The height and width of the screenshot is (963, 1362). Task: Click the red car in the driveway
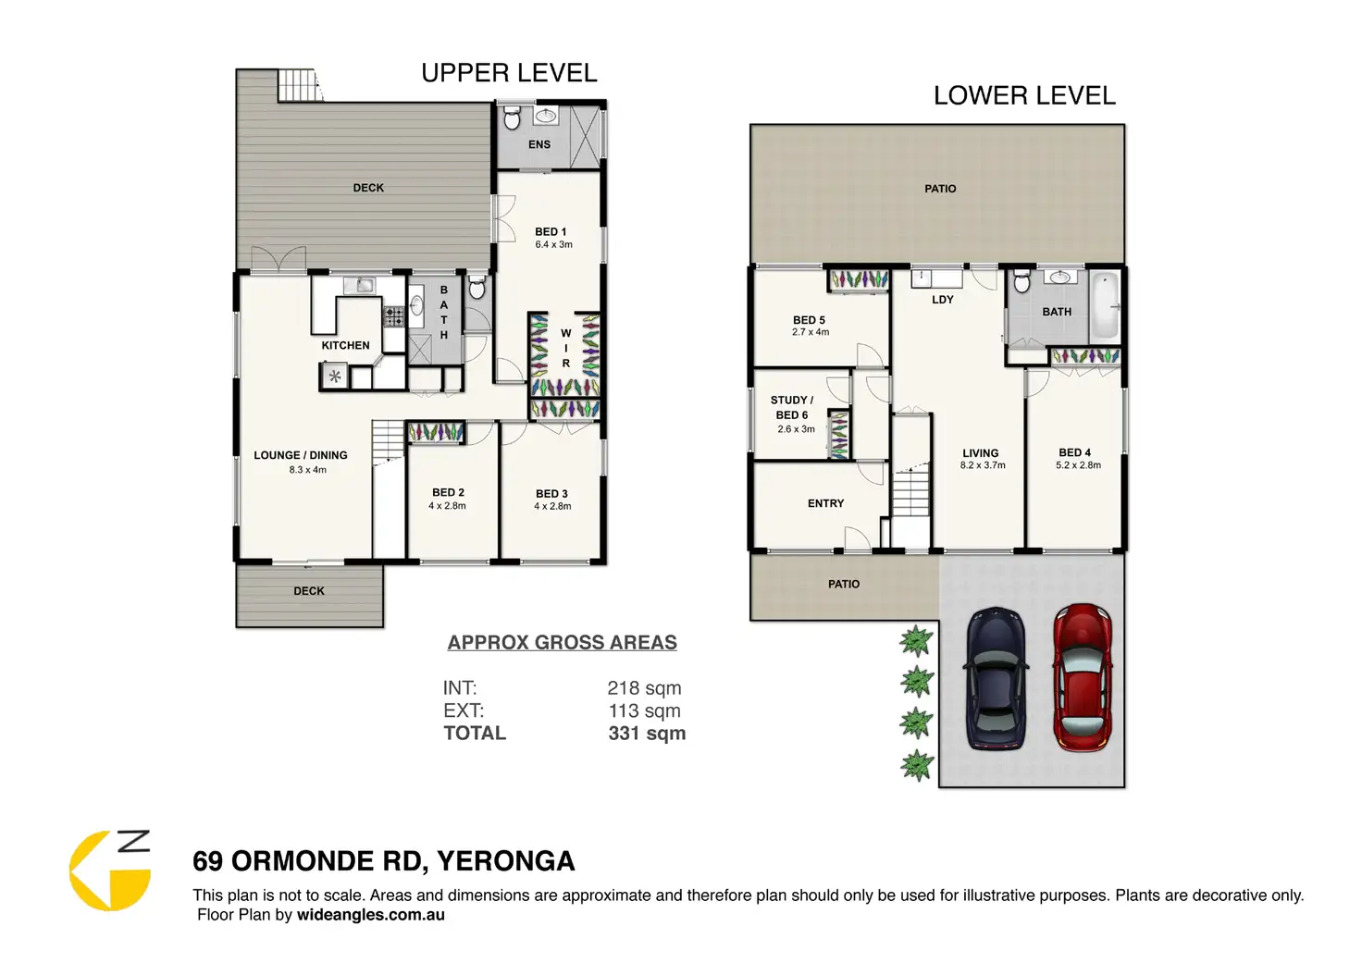click(1083, 677)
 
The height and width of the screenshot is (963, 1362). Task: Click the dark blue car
click(996, 678)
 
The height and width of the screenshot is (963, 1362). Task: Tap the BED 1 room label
click(551, 231)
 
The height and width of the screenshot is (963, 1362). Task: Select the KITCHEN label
click(345, 345)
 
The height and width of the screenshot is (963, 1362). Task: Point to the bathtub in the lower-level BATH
click(1105, 306)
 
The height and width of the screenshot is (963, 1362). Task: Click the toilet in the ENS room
click(512, 117)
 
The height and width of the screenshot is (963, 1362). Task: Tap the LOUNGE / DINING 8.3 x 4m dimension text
click(308, 470)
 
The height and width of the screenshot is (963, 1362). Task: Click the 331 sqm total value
click(647, 734)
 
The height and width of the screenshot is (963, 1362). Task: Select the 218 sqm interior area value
click(644, 688)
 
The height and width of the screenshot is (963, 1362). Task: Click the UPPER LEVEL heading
click(509, 73)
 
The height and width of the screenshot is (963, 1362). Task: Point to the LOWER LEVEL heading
click(1024, 95)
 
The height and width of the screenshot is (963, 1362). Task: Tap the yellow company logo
click(110, 870)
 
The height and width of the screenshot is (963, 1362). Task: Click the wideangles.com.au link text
click(370, 915)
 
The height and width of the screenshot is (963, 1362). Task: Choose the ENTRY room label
click(825, 503)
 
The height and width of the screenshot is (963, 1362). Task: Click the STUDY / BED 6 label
click(792, 407)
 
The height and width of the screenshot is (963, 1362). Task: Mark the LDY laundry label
click(943, 300)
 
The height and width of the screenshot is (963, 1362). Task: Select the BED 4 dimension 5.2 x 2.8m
click(1078, 465)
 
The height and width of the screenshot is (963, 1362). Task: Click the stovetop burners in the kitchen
click(393, 316)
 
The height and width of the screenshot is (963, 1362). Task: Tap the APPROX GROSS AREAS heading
click(562, 643)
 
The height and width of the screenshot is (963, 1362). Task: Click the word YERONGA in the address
click(505, 861)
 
